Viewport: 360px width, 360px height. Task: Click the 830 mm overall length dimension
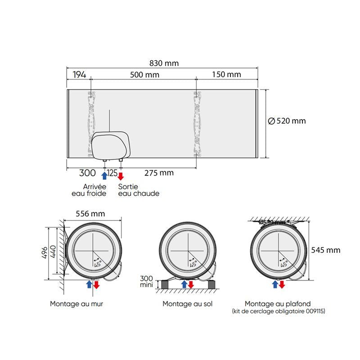pos(164,63)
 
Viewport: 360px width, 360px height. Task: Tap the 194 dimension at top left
pos(78,75)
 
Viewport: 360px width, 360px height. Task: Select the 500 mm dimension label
pos(144,75)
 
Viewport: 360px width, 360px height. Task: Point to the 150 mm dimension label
pos(226,75)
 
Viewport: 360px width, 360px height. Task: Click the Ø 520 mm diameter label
pos(287,121)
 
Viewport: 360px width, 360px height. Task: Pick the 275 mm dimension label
pos(159,172)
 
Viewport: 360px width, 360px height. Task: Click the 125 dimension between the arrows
pos(112,172)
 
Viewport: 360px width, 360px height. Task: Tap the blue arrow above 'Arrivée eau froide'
pos(104,175)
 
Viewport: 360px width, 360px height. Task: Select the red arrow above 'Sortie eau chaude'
pos(121,175)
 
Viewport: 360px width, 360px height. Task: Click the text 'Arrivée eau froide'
pos(89,190)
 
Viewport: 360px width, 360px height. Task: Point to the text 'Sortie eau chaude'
pos(139,190)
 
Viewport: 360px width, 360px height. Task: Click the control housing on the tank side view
pos(111,145)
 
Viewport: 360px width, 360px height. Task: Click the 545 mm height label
pos(325,250)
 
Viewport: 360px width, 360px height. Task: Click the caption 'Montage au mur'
pos(76,304)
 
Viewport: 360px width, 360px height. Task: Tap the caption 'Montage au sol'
pos(188,304)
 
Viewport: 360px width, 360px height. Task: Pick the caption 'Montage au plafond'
pos(278,304)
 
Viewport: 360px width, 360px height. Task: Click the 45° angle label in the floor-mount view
pos(193,264)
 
